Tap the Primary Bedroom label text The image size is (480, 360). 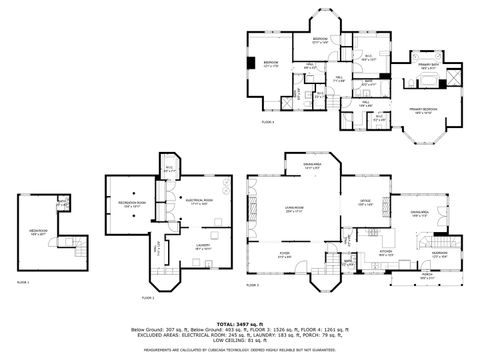point(420,111)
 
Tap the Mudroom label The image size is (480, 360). point(438,254)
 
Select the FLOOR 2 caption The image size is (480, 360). point(148,297)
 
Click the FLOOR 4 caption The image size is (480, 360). point(267,121)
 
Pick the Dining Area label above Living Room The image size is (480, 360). point(312,166)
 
